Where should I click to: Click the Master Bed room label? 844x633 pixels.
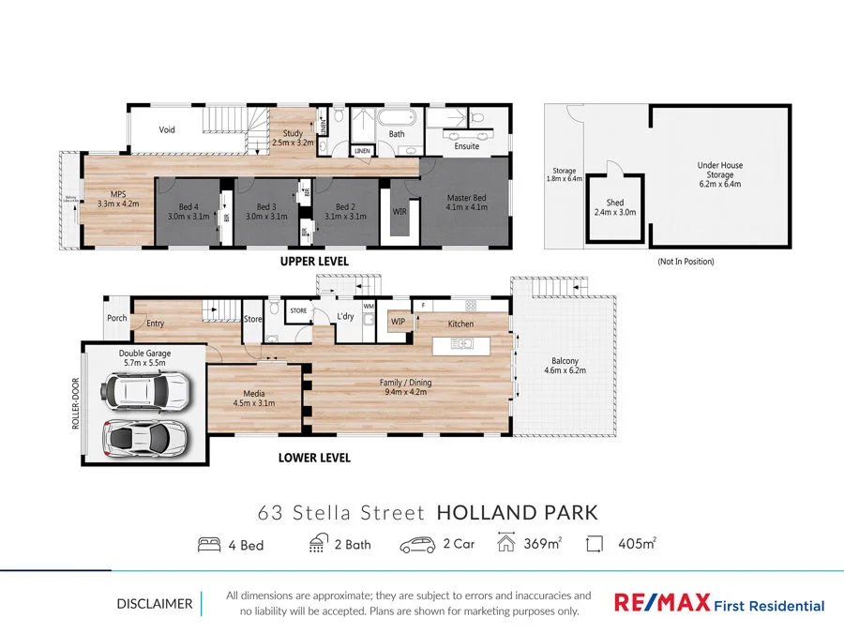(x=465, y=202)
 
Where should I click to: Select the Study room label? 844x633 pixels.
(x=293, y=140)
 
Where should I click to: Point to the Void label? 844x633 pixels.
(x=167, y=130)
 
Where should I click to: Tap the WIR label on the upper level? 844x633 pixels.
(x=399, y=212)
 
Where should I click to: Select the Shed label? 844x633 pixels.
(x=615, y=207)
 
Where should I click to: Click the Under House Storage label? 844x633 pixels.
(x=719, y=174)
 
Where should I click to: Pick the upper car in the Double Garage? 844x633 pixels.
(x=147, y=390)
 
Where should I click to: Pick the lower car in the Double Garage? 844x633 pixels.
(x=144, y=436)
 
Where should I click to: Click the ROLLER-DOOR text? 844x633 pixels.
(x=75, y=403)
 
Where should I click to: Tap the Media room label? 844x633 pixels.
(x=253, y=398)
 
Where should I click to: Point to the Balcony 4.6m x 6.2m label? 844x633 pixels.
(x=565, y=366)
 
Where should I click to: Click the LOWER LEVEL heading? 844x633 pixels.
(x=314, y=458)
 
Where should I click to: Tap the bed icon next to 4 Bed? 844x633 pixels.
(x=208, y=544)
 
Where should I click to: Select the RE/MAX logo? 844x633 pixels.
(x=662, y=603)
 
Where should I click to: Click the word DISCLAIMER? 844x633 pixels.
(x=154, y=604)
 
